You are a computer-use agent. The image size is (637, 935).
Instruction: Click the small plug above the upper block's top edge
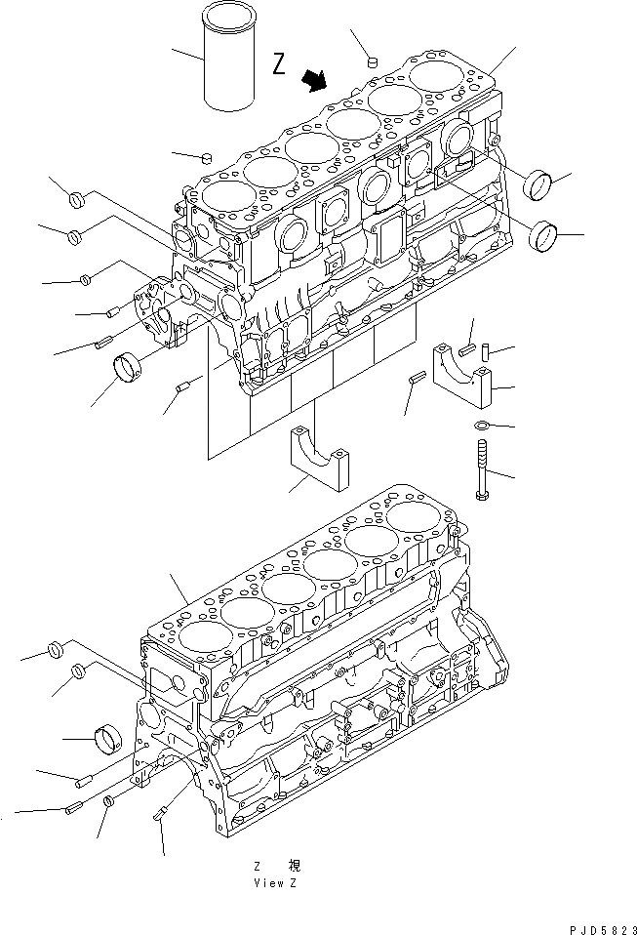(372, 63)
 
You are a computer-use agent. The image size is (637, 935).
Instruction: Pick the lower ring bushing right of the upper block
(544, 235)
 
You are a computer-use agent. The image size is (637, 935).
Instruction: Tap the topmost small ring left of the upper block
(77, 202)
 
